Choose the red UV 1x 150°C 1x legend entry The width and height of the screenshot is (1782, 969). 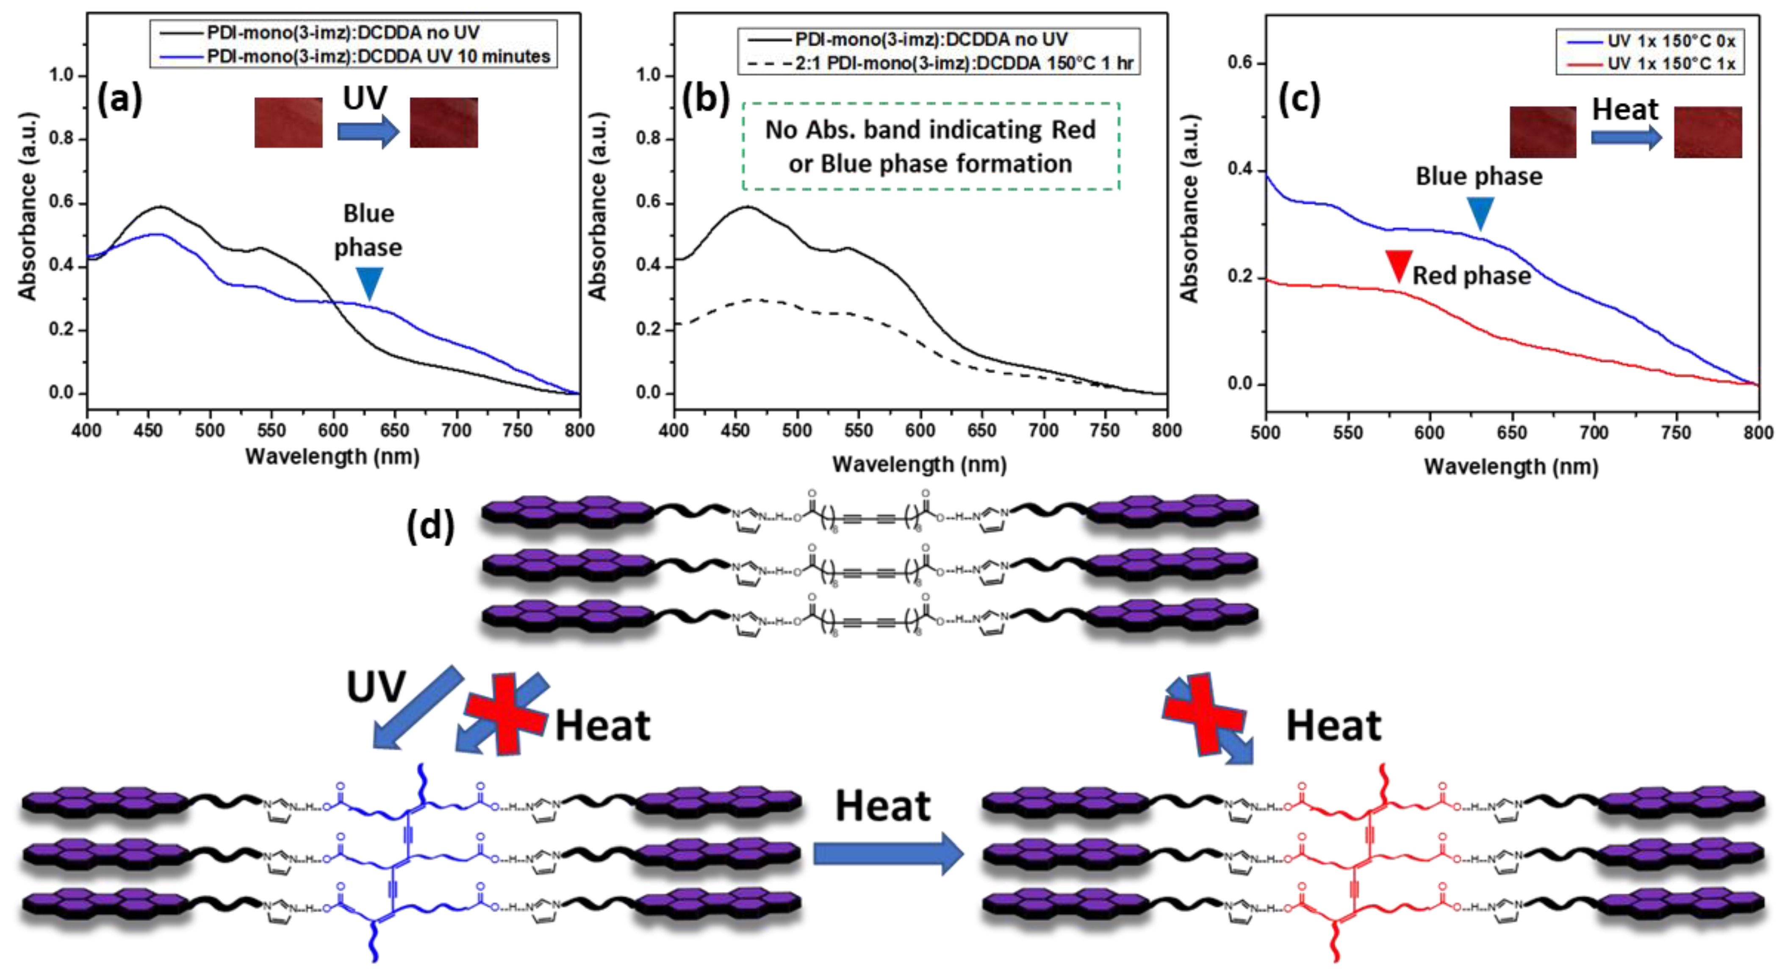coord(1671,64)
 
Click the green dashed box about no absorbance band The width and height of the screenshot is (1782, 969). coord(931,146)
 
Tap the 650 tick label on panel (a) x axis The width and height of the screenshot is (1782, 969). coord(394,430)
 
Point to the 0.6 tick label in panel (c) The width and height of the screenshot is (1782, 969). coord(1240,63)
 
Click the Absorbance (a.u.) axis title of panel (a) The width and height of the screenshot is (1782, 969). coord(27,206)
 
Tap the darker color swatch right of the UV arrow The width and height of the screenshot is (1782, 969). coord(443,122)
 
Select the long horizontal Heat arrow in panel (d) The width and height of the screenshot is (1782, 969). coord(887,853)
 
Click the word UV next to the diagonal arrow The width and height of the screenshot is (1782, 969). coord(376,687)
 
